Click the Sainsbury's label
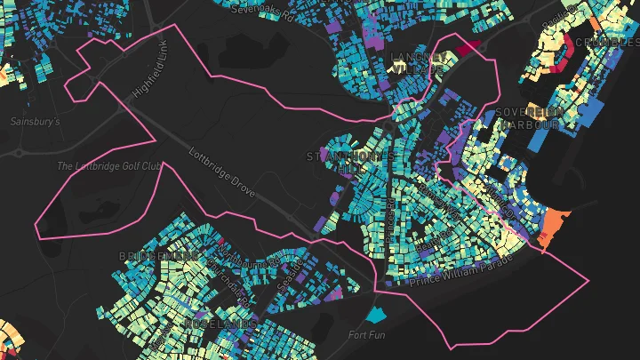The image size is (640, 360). click(x=35, y=122)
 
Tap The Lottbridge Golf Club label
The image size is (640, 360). click(x=108, y=166)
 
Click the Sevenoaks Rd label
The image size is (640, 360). click(x=263, y=9)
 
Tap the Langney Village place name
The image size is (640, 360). click(x=417, y=63)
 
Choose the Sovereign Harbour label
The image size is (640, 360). click(x=530, y=118)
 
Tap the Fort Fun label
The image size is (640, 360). click(x=367, y=335)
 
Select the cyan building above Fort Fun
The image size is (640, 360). click(x=378, y=314)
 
